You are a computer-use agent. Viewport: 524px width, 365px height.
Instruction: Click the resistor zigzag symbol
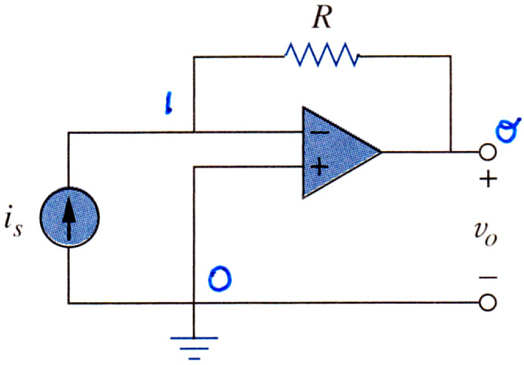(322, 55)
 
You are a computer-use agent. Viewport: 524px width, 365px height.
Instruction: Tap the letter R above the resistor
(322, 18)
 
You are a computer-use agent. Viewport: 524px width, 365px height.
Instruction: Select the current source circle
(69, 218)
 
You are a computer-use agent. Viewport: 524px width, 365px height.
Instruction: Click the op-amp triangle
(334, 153)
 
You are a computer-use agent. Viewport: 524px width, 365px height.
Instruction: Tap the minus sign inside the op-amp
(319, 133)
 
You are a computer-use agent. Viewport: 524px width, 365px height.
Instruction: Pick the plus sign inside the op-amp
(319, 167)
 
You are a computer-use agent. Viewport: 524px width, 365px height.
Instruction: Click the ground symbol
(194, 348)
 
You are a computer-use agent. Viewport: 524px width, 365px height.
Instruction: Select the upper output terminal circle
(488, 152)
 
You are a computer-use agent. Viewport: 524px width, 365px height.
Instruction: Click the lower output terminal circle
(488, 303)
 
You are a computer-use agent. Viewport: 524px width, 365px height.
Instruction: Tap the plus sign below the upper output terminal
(489, 179)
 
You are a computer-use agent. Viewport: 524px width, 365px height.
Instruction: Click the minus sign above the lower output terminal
(488, 277)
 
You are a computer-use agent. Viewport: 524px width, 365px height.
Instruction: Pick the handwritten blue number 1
(169, 104)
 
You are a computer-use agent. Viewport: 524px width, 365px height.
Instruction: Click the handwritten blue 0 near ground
(220, 278)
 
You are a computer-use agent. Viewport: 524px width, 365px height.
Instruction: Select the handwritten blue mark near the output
(507, 131)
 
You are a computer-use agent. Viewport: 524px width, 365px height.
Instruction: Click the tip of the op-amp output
(382, 152)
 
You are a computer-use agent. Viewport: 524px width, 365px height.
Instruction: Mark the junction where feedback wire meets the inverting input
(194, 132)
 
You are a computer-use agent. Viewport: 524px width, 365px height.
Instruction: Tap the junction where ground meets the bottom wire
(194, 303)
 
